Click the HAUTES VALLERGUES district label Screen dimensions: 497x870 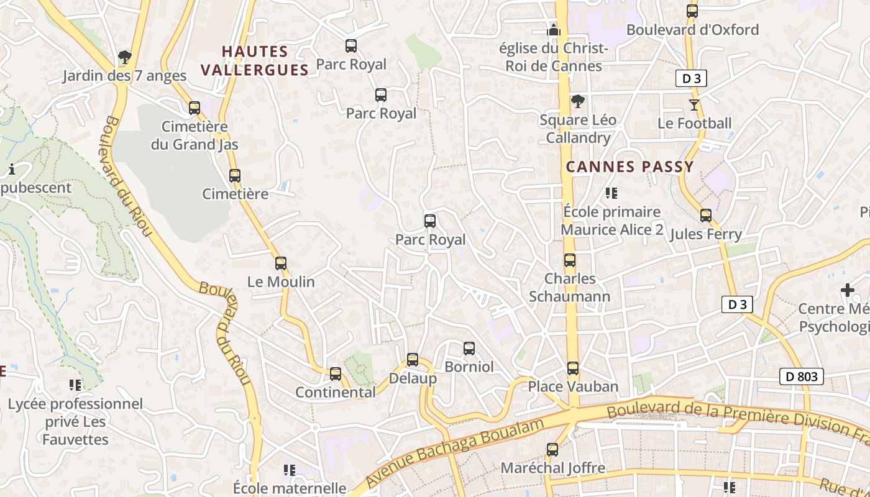(x=255, y=60)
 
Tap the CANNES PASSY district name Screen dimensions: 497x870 (x=630, y=166)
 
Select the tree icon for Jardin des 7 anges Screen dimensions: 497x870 (x=125, y=58)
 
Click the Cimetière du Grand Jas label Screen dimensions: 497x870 (x=195, y=135)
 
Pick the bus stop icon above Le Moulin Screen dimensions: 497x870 (x=281, y=263)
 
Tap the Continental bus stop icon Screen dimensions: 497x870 (x=336, y=374)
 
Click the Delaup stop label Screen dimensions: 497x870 (x=413, y=378)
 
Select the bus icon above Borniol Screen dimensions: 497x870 (x=469, y=349)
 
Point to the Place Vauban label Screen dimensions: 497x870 (x=573, y=386)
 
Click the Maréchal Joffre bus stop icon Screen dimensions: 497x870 (x=552, y=450)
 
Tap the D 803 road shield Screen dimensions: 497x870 (x=801, y=376)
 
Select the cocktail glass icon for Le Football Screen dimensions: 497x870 (x=694, y=105)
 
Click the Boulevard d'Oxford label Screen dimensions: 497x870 (x=692, y=30)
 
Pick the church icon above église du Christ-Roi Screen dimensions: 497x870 (x=554, y=30)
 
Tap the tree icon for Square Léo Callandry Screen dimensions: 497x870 (x=578, y=101)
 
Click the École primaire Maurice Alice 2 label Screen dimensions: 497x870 (x=611, y=221)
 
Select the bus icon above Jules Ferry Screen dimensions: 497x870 (x=706, y=216)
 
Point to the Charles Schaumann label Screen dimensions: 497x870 (x=570, y=288)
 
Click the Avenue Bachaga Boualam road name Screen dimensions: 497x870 (x=454, y=453)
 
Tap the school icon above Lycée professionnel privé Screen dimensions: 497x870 (x=75, y=386)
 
